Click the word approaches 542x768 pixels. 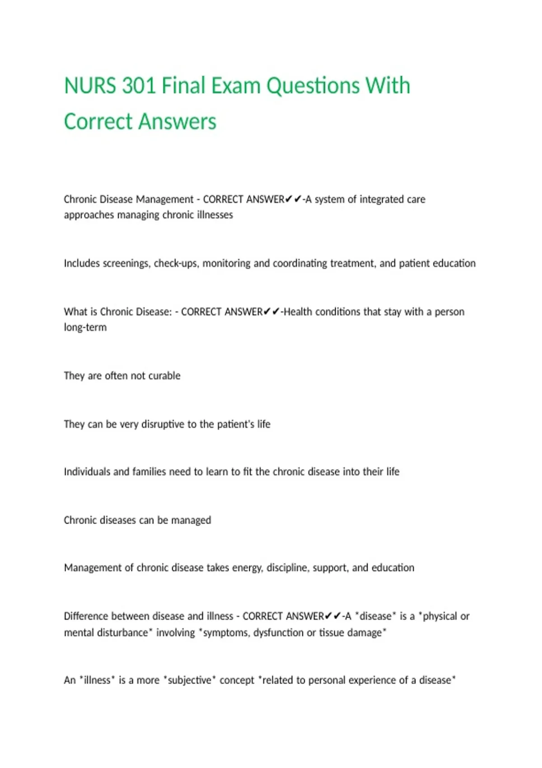pyautogui.click(x=89, y=215)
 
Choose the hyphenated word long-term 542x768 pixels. pyautogui.click(x=85, y=328)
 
